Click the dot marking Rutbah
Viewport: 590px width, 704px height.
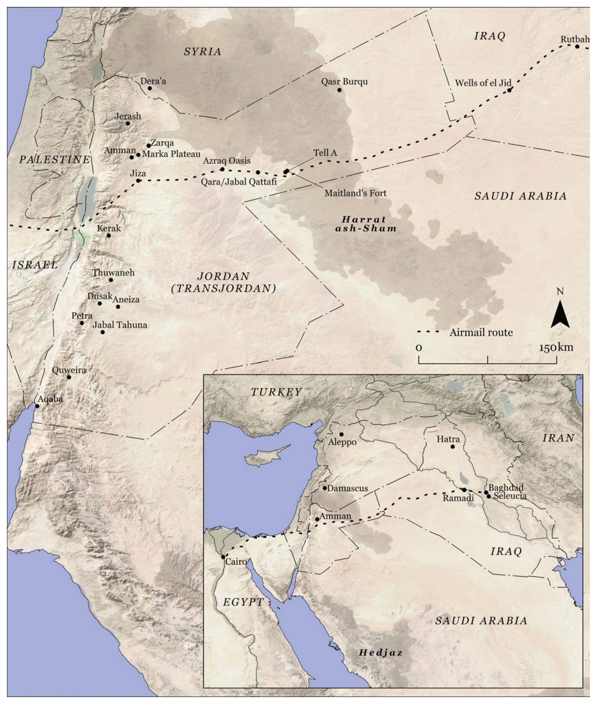pos(577,46)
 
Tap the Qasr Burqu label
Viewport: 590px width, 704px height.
pos(344,81)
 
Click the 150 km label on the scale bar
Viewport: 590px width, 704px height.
pos(556,347)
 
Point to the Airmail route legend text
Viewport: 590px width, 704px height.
pos(481,332)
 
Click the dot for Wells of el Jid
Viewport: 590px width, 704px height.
pos(509,90)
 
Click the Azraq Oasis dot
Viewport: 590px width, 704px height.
pos(222,169)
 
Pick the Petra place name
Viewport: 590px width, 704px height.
pos(82,316)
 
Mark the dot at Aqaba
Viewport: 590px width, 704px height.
pos(37,406)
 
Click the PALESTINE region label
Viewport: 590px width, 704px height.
pos(55,159)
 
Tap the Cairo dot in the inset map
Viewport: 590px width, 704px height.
pos(223,557)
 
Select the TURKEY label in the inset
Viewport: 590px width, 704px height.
pos(276,392)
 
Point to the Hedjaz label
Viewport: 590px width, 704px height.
pos(380,652)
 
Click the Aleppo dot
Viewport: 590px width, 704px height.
pos(341,434)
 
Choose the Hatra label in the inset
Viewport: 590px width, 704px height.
pos(448,439)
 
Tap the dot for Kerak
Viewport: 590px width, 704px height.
pos(109,235)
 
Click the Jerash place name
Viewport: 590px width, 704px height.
pos(128,116)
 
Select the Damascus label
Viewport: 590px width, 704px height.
pos(347,488)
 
